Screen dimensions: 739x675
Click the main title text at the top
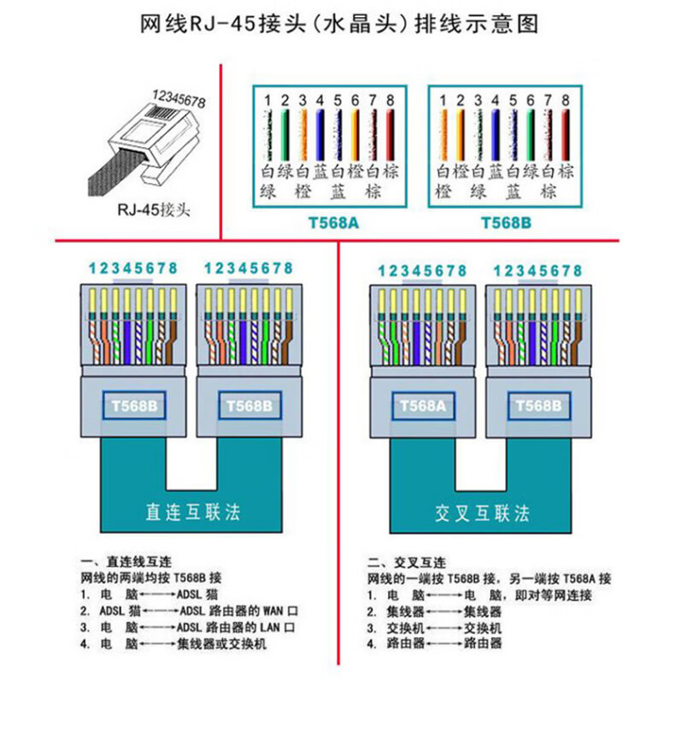click(x=338, y=24)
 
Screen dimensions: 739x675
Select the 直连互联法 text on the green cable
click(x=193, y=512)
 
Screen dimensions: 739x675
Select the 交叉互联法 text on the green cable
click(x=482, y=513)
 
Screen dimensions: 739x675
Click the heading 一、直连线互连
click(x=127, y=563)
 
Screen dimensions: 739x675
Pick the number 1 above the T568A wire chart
click(x=267, y=101)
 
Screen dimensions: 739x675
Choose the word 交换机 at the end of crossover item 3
click(x=482, y=628)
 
